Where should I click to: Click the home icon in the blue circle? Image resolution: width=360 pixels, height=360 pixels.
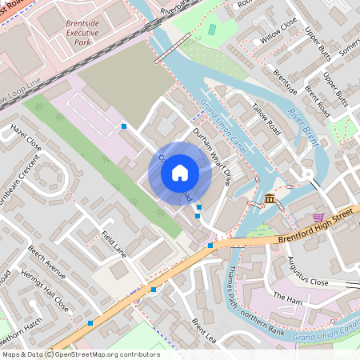[x=179, y=173]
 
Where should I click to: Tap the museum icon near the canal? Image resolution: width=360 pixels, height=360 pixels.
[x=270, y=198]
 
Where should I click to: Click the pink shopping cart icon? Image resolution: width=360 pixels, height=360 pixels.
[x=319, y=217]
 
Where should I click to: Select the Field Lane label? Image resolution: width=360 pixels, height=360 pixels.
[x=114, y=243]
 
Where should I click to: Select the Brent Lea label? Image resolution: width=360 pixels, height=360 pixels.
[x=204, y=330]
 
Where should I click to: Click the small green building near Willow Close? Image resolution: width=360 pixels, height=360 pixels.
[x=212, y=30]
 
